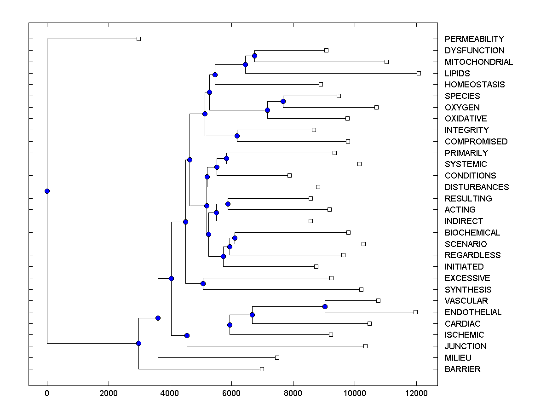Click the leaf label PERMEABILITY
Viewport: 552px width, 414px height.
coord(474,39)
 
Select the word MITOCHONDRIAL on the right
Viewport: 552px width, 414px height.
coord(478,62)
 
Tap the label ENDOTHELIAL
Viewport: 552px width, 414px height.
coord(473,312)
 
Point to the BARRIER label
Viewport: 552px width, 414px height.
coord(462,369)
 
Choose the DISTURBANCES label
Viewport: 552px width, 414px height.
coord(477,187)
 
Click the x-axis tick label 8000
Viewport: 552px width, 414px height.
coord(293,393)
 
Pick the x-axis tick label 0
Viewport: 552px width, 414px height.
coord(47,393)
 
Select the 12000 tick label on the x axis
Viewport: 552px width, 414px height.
coord(416,393)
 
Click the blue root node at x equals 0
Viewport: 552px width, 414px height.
coord(47,191)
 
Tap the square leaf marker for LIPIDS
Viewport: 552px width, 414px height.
coord(419,73)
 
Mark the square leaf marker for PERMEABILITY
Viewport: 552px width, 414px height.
coord(138,39)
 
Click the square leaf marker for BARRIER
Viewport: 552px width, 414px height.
coord(262,369)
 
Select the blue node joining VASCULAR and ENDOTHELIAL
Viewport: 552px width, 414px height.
coord(325,306)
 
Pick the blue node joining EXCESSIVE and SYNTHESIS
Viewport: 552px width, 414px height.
coord(203,283)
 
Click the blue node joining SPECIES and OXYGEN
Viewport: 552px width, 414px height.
coord(283,101)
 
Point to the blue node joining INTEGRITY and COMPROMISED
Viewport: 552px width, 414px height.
coord(237,136)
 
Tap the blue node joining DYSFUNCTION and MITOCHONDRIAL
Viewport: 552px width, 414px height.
coord(254,56)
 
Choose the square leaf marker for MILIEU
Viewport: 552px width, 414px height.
coord(277,357)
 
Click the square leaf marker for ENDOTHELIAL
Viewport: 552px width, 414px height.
coord(415,312)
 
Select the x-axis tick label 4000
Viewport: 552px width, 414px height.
coord(170,393)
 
